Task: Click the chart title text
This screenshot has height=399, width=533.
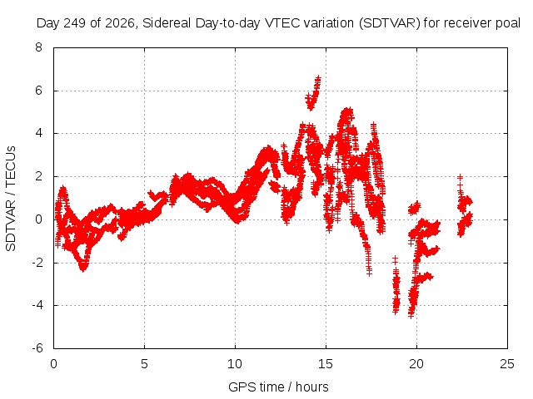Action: [x=278, y=23]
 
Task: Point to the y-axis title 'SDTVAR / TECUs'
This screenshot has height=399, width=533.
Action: [x=11, y=199]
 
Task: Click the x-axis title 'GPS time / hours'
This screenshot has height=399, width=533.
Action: [x=278, y=387]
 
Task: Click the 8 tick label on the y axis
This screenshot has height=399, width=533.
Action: [x=38, y=47]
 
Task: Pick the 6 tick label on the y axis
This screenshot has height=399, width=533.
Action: [x=38, y=91]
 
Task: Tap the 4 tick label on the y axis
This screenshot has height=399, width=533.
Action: [x=38, y=133]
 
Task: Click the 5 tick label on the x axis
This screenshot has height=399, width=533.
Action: [x=144, y=364]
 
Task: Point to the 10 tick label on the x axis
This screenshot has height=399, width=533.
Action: [x=235, y=364]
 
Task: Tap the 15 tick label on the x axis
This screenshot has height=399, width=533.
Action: [x=326, y=364]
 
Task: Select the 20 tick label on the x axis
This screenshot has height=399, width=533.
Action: [x=416, y=364]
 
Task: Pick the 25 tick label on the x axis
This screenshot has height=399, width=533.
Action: [x=507, y=364]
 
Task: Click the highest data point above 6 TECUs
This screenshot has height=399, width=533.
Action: [x=318, y=78]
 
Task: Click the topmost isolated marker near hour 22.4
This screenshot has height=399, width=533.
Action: [x=460, y=177]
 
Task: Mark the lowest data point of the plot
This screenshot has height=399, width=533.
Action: [x=411, y=316]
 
